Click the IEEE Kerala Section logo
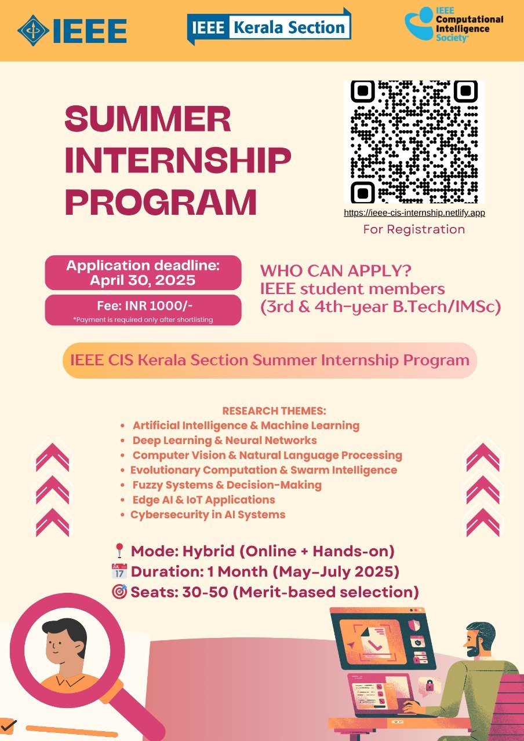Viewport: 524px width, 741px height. click(x=269, y=27)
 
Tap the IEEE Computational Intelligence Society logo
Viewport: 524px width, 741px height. click(x=454, y=24)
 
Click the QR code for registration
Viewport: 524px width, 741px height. click(x=414, y=142)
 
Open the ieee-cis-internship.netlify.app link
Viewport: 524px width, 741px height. click(x=414, y=212)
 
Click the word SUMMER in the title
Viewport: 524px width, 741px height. click(x=148, y=119)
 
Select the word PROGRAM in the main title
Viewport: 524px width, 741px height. click(x=161, y=202)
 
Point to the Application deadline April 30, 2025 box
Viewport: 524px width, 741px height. click(x=143, y=273)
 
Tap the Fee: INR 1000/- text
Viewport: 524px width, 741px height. click(x=144, y=306)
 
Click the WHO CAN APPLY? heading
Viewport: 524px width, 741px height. click(x=336, y=271)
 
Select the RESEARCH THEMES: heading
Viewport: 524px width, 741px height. click(x=274, y=411)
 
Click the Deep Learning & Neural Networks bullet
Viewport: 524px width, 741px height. click(x=224, y=441)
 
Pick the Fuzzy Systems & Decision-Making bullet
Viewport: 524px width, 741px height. click(x=227, y=485)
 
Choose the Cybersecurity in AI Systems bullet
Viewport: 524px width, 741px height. click(x=208, y=515)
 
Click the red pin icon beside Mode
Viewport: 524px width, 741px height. click(x=119, y=551)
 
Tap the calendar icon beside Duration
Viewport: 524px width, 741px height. click(x=119, y=571)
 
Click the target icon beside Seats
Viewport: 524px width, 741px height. click(x=119, y=592)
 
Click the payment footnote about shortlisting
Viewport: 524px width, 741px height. click(x=143, y=320)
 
